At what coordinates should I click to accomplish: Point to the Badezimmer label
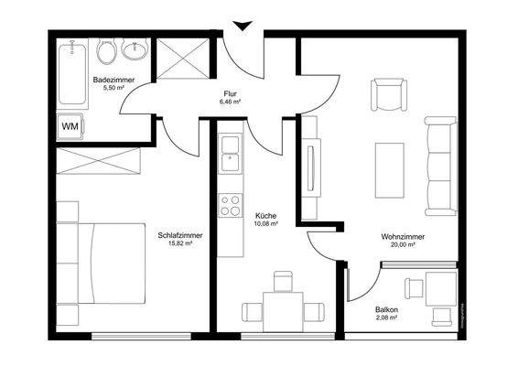113,81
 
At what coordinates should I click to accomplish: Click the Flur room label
230,93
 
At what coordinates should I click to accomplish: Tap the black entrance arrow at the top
242,27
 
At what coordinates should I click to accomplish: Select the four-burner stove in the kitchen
229,205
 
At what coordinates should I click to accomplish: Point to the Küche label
266,217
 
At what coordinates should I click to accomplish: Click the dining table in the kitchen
282,308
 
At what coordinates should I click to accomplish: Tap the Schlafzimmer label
179,235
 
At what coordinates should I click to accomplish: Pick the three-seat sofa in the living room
441,162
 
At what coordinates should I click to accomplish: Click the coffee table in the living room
390,171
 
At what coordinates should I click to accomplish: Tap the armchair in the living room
387,94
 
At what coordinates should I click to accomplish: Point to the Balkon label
386,309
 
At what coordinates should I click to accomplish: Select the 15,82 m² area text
179,245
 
